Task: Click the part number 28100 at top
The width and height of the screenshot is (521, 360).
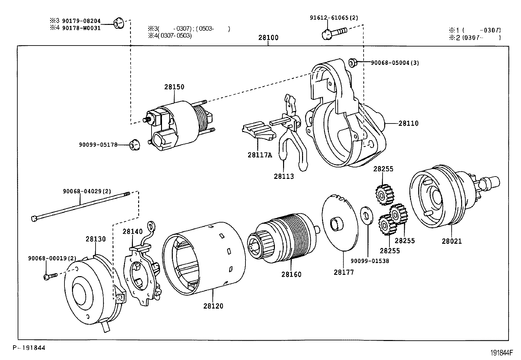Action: pos(268,38)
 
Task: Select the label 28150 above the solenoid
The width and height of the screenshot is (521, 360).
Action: pos(174,87)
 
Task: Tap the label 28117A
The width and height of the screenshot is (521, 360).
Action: pos(260,155)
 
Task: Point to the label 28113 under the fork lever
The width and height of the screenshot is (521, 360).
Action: pos(284,176)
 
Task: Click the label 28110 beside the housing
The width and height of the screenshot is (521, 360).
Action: pos(408,123)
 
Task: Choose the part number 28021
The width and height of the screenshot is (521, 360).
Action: pos(452,241)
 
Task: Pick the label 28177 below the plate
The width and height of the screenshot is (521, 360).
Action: pos(344,272)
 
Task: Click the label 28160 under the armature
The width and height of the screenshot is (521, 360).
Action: pos(291,274)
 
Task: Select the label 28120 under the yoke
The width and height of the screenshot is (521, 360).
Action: pos(213,306)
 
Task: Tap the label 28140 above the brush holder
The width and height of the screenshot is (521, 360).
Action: pos(133,232)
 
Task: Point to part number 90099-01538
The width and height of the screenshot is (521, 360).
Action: pos(370,261)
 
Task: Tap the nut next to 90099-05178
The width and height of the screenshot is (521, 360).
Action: pos(134,144)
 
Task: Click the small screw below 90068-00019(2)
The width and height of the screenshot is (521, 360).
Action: pos(49,276)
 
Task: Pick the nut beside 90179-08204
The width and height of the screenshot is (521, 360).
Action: pos(118,23)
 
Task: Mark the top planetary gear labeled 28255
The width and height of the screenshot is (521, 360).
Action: pos(384,194)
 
